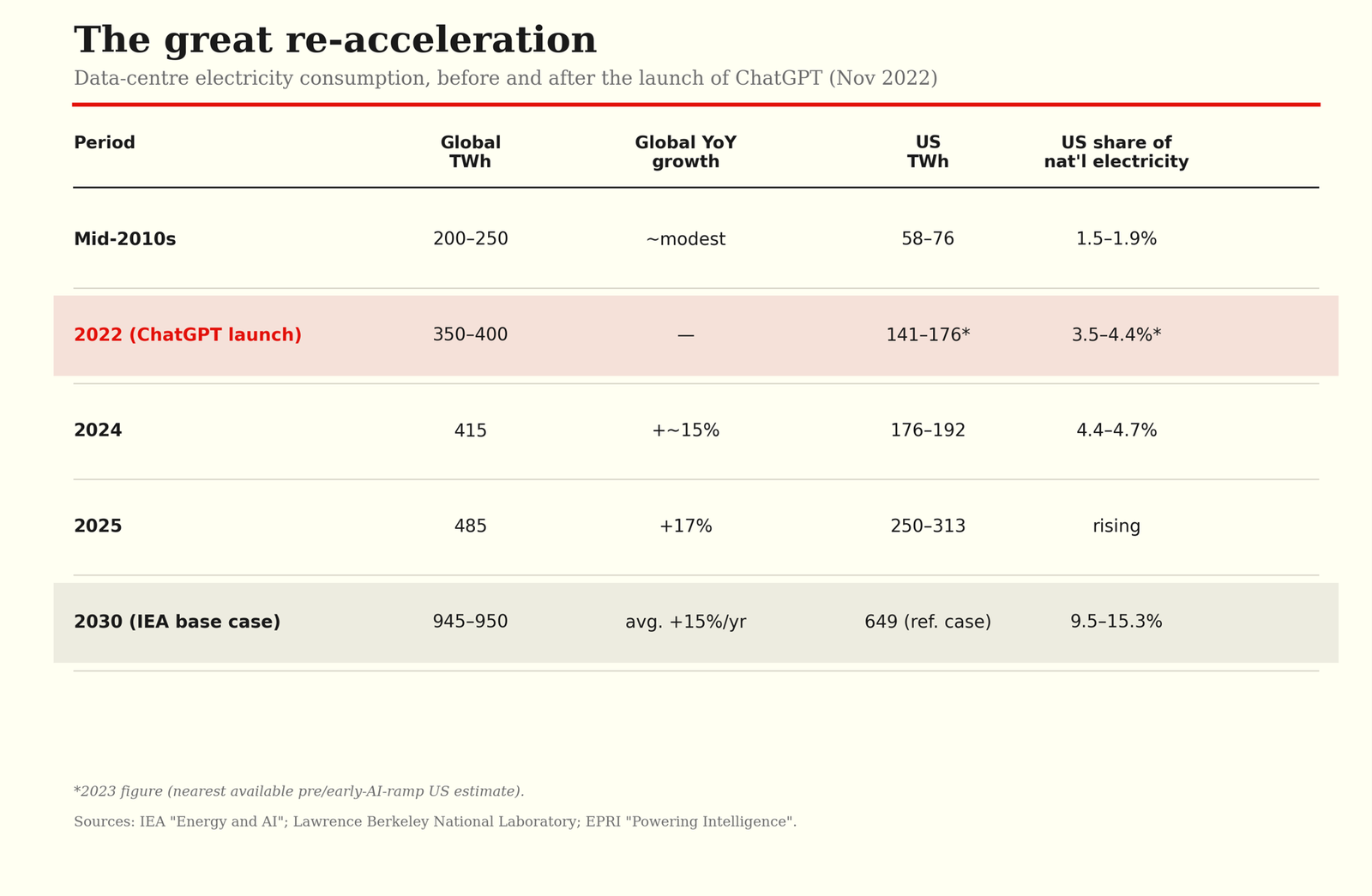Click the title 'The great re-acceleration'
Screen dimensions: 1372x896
(x=335, y=40)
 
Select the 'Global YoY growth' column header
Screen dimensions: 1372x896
(x=685, y=152)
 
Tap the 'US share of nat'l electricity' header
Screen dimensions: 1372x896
(x=1116, y=152)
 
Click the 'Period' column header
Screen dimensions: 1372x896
(x=104, y=142)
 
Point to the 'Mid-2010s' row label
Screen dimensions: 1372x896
(x=125, y=239)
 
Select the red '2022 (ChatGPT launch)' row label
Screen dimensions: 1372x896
(x=188, y=335)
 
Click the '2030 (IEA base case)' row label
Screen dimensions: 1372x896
(x=177, y=622)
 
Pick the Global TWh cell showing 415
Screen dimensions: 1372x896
(x=471, y=430)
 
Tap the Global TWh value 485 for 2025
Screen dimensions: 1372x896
(x=471, y=526)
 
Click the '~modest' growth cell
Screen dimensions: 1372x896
(x=685, y=239)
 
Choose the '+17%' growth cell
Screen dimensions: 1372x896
(x=685, y=526)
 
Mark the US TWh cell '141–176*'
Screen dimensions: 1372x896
(x=928, y=334)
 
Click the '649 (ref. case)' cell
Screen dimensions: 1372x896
(x=928, y=622)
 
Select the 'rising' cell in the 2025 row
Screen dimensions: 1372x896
(x=1116, y=526)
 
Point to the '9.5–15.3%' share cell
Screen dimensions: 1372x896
(x=1116, y=622)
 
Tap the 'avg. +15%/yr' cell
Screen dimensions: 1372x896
(x=685, y=622)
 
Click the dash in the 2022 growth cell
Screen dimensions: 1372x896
(x=685, y=335)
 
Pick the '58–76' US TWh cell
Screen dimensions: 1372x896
(x=928, y=239)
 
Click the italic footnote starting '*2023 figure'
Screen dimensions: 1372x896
(x=299, y=791)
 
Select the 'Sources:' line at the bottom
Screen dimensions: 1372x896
(x=435, y=821)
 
